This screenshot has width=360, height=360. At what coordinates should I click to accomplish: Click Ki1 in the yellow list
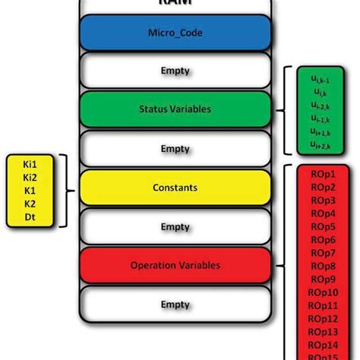pos(30,163)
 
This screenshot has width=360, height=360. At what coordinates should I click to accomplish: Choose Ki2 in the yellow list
pos(30,177)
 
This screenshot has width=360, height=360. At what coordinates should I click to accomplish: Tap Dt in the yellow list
pos(30,218)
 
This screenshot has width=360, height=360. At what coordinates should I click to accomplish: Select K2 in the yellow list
pos(30,204)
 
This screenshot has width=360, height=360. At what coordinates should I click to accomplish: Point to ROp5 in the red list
pos(322,226)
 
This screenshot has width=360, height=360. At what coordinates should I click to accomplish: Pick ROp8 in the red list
pos(322,266)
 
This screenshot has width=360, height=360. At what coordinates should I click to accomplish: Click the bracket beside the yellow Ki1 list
pos(67,190)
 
